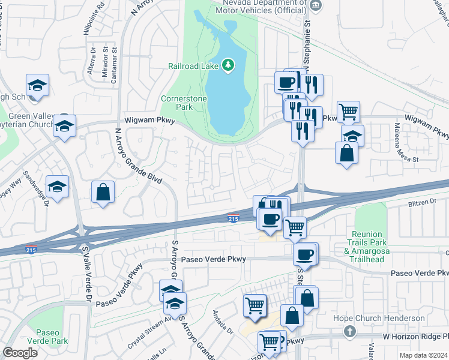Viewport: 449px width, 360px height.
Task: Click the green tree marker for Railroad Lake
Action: click(228, 64)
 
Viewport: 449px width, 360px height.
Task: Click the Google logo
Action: click(20, 353)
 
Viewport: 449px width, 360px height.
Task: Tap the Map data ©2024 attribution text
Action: click(424, 355)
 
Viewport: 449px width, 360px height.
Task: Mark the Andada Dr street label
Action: click(223, 321)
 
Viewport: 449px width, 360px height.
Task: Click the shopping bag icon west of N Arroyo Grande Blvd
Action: click(103, 193)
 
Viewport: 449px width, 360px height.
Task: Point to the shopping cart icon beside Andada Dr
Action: click(255, 305)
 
